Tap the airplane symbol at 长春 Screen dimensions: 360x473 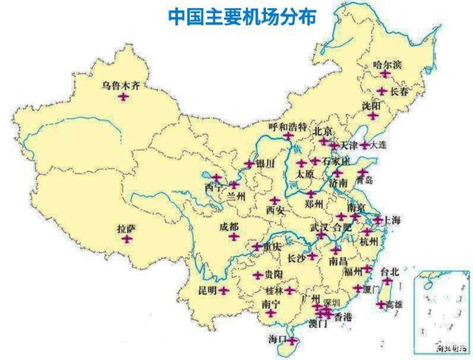(x=382, y=91)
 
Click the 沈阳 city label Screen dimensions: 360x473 (x=372, y=106)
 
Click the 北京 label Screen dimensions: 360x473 (x=324, y=132)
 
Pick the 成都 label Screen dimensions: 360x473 (x=229, y=226)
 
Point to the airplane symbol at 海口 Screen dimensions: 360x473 (x=293, y=341)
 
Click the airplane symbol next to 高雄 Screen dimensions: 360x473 (x=381, y=304)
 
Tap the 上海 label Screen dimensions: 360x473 (x=391, y=220)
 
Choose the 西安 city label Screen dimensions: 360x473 (x=275, y=210)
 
